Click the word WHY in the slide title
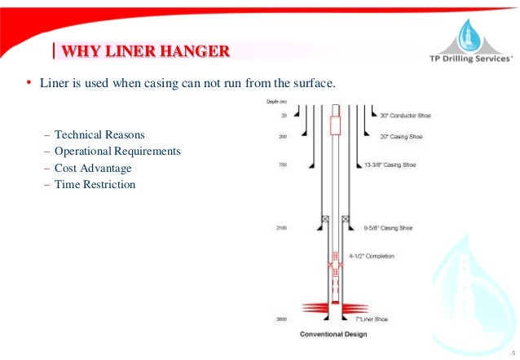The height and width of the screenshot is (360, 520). click(x=82, y=54)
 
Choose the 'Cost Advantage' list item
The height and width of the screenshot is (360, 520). click(x=92, y=168)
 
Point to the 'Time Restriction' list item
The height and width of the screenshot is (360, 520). click(x=95, y=185)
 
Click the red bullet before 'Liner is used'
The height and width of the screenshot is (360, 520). click(x=29, y=83)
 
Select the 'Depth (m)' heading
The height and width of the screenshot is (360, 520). click(x=278, y=102)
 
